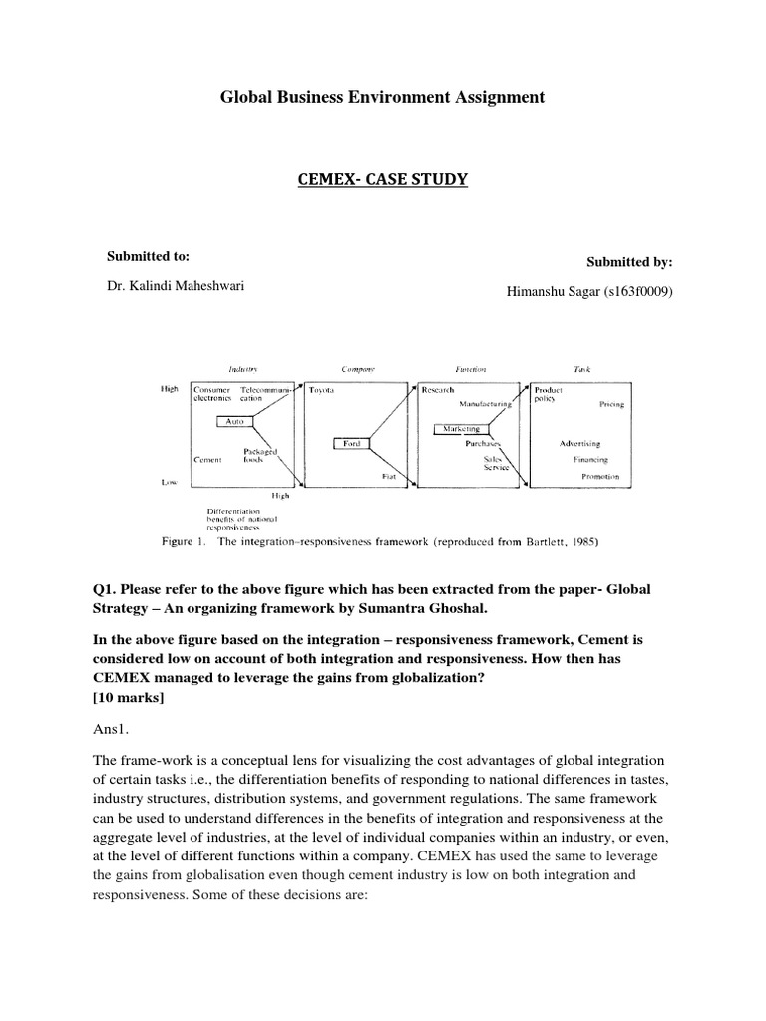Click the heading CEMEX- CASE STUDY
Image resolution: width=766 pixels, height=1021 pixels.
pos(383,179)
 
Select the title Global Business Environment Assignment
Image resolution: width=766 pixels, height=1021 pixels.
pos(382,97)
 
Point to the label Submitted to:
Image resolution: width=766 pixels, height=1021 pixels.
pos(148,257)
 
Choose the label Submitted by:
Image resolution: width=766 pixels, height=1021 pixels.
pos(629,262)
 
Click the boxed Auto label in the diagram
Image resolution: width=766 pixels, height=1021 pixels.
pos(235,422)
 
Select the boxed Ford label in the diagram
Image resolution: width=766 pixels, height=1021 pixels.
pos(351,443)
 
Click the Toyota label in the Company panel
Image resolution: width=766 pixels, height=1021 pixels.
pos(322,390)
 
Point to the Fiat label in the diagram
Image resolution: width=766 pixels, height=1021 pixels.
pos(389,478)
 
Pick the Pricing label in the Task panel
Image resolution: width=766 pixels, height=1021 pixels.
pos(611,405)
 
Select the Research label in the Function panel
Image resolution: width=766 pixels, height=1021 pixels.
pos(438,390)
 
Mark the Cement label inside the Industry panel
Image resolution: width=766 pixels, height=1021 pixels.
pos(207,460)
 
